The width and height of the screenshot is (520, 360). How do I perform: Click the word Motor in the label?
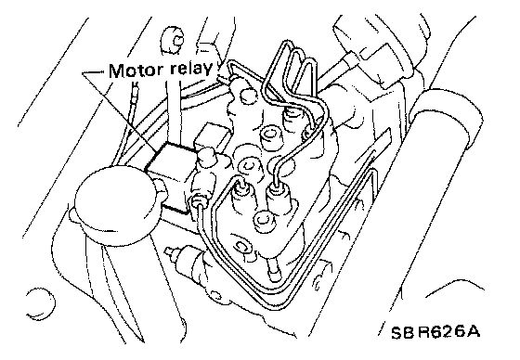click(136, 71)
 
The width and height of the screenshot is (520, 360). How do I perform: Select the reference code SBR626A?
click(435, 332)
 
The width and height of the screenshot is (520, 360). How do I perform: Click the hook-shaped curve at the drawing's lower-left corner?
click(42, 303)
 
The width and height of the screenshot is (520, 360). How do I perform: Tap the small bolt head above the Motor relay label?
click(173, 41)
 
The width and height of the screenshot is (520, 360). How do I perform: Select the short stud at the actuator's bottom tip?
click(274, 268)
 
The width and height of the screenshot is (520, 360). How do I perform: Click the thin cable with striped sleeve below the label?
click(133, 109)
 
